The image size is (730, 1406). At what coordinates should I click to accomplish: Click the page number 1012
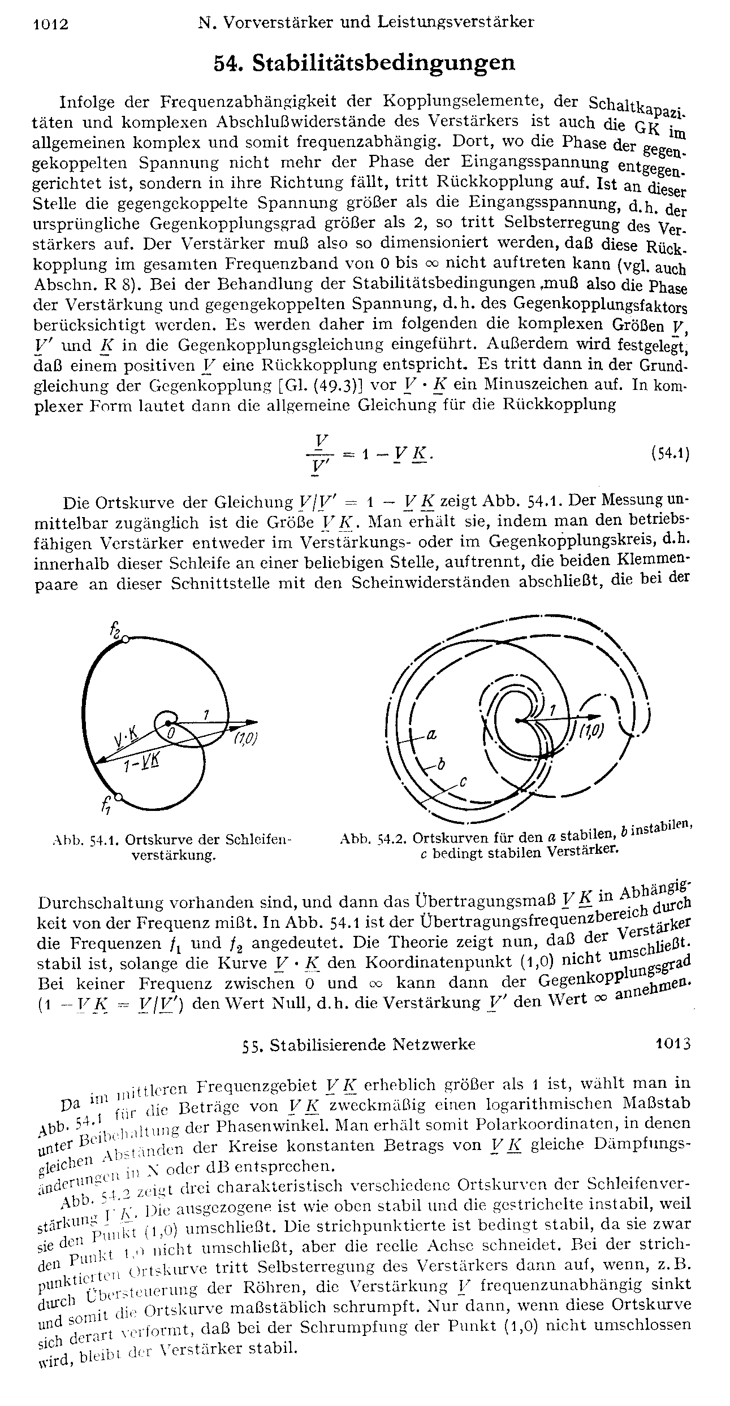51,24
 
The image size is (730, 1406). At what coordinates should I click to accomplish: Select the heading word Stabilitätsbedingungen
384,62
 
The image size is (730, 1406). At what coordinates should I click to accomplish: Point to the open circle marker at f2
126,639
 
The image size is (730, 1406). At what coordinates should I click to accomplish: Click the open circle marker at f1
118,797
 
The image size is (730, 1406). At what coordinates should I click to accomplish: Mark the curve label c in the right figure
462,782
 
